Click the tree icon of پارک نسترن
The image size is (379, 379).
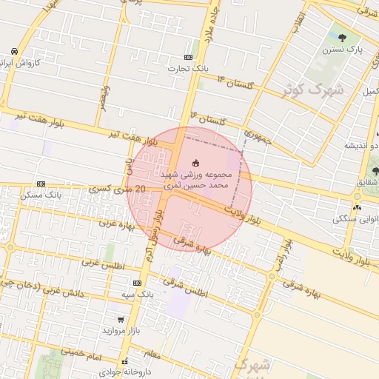(x=342, y=37)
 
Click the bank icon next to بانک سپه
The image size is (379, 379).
(x=137, y=283)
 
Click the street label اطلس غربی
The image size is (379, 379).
(x=103, y=264)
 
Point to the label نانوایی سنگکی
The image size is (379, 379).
(x=356, y=219)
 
